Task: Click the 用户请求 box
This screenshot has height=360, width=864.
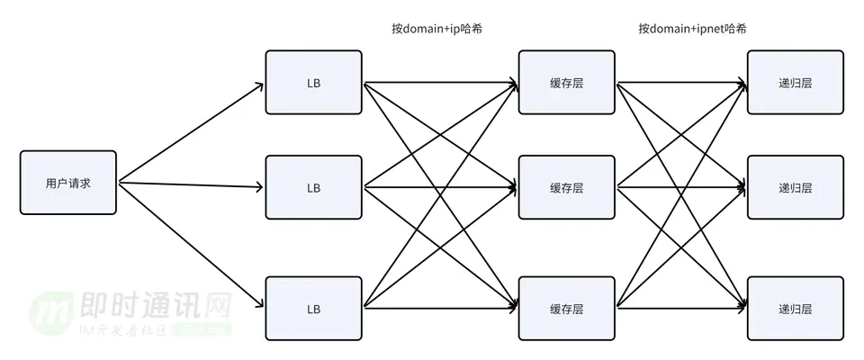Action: pos(68,183)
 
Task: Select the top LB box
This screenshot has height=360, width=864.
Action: pos(313,83)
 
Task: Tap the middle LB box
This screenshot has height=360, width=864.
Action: pos(313,188)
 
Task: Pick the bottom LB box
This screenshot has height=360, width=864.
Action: pos(313,309)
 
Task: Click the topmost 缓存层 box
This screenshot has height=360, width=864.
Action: pos(566,83)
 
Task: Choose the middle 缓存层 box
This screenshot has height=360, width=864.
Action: pos(566,188)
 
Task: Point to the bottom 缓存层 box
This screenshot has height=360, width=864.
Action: pos(566,309)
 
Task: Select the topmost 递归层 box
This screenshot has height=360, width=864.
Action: pos(795,83)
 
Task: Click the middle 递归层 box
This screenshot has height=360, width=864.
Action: pos(795,188)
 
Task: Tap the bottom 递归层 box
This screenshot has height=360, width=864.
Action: pos(795,309)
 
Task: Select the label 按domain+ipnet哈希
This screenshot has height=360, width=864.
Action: pos(692,29)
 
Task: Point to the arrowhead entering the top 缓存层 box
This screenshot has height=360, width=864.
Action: pos(513,85)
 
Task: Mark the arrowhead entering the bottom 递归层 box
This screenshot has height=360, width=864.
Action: pos(742,307)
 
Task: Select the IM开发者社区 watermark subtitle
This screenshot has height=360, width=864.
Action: pos(122,331)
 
